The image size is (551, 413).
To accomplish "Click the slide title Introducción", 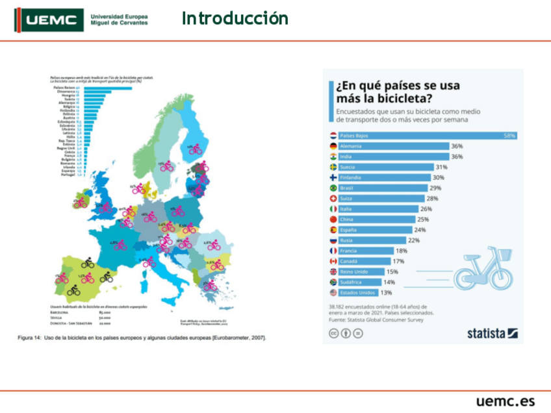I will click(235, 18).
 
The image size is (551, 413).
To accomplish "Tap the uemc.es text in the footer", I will click(505, 401).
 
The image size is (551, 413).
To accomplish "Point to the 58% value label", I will click(509, 136).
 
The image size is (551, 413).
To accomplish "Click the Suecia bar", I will click(386, 167).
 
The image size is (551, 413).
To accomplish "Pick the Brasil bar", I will click(384, 188).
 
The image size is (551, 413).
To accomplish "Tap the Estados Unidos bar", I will click(358, 293).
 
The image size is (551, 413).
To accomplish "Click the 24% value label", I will click(420, 230).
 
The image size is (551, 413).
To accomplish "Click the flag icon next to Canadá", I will click(333, 261).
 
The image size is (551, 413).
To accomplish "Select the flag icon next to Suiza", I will click(333, 198).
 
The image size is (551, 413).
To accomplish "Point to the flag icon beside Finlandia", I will click(333, 177).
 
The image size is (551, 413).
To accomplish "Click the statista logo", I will click(492, 333).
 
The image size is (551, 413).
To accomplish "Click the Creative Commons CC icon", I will click(333, 333).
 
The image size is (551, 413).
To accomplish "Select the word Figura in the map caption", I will click(25, 338).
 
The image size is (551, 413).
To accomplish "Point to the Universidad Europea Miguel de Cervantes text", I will click(119, 19).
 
